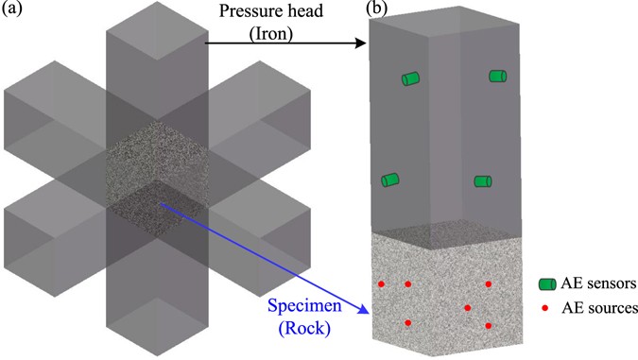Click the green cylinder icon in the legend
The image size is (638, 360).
pyautogui.click(x=546, y=283)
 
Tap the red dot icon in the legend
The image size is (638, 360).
pyautogui.click(x=546, y=308)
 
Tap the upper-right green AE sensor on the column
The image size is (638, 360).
pyautogui.click(x=498, y=77)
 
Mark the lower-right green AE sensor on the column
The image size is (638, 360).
pyautogui.click(x=483, y=181)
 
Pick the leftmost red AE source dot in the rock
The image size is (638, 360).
pyautogui.click(x=381, y=284)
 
